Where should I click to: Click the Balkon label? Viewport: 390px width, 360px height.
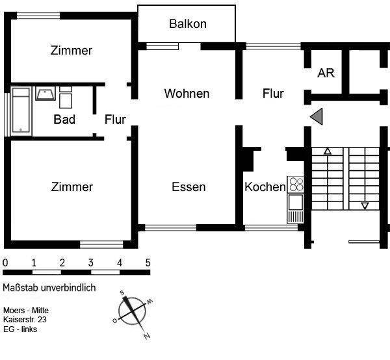click(187, 24)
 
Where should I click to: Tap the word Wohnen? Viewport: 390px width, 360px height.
click(187, 94)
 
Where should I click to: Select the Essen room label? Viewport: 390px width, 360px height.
click(188, 187)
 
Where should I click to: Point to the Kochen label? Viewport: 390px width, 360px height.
click(265, 187)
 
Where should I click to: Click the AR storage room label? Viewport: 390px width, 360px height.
click(326, 73)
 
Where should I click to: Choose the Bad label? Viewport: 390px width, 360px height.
click(64, 120)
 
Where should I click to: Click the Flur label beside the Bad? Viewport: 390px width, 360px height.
click(115, 120)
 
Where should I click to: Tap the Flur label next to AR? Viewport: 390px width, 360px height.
click(273, 94)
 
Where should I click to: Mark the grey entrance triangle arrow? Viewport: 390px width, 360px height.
click(317, 116)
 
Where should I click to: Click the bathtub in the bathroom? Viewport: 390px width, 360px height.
click(21, 112)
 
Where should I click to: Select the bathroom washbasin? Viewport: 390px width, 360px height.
click(45, 95)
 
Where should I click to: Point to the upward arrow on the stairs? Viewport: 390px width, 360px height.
click(328, 152)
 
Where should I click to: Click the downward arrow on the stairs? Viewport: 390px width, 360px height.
click(365, 206)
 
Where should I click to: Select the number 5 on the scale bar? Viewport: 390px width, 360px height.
click(148, 263)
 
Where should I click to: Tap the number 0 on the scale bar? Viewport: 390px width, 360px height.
click(5, 263)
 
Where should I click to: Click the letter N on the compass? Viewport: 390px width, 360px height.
click(147, 336)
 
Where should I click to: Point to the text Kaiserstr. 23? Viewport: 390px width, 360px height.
click(25, 320)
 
